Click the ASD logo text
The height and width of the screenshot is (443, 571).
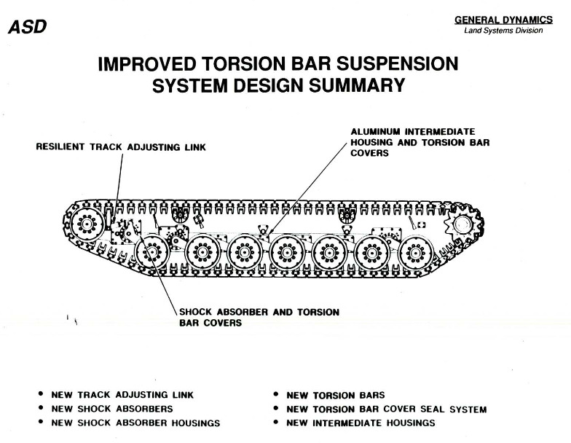tap(28, 26)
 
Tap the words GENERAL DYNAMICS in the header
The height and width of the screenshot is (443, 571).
tap(503, 20)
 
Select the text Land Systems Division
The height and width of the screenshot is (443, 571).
tap(503, 31)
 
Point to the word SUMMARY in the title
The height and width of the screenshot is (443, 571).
tap(357, 85)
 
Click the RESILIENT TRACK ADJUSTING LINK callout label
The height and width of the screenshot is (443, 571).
tap(121, 147)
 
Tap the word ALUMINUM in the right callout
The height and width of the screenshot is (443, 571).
tap(376, 131)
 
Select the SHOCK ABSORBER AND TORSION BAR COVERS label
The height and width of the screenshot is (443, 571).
tap(259, 318)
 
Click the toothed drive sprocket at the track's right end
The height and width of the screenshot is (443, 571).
tap(462, 224)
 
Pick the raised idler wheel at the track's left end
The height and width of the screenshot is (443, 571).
tap(87, 223)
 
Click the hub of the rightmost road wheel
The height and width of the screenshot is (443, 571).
tap(415, 253)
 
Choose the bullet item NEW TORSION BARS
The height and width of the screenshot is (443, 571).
tap(335, 395)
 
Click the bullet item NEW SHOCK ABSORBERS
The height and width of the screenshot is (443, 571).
tap(112, 409)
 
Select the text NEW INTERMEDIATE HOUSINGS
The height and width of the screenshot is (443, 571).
tap(361, 423)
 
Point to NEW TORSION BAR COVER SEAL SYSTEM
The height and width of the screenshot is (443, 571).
tap(386, 409)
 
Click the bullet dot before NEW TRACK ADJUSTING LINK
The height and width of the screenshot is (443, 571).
tap(41, 393)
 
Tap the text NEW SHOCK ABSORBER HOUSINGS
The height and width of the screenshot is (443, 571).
tap(135, 423)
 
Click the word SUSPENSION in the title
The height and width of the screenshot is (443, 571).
tap(396, 63)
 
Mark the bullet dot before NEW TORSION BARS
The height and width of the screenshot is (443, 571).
tap(277, 394)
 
